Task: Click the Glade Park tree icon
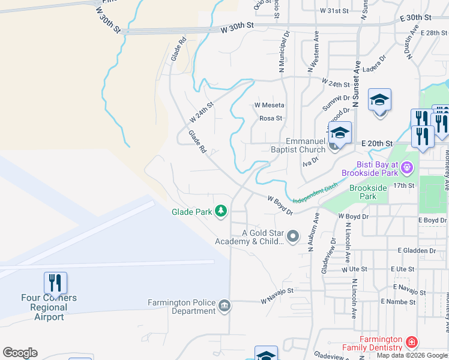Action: pos(221,211)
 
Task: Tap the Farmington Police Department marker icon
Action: pos(224,307)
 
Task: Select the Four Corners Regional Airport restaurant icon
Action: pos(55,283)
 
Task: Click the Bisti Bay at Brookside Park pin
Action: pos(407,166)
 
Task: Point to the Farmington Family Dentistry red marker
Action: pos(411,343)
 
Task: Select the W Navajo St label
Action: pos(277,291)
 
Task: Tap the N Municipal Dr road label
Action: pos(282,53)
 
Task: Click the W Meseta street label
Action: pos(269,105)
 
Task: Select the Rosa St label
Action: pos(270,118)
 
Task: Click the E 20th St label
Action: pos(377,144)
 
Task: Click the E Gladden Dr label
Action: pos(416,250)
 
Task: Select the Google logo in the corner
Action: pos(20,353)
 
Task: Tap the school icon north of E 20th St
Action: pos(379,100)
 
